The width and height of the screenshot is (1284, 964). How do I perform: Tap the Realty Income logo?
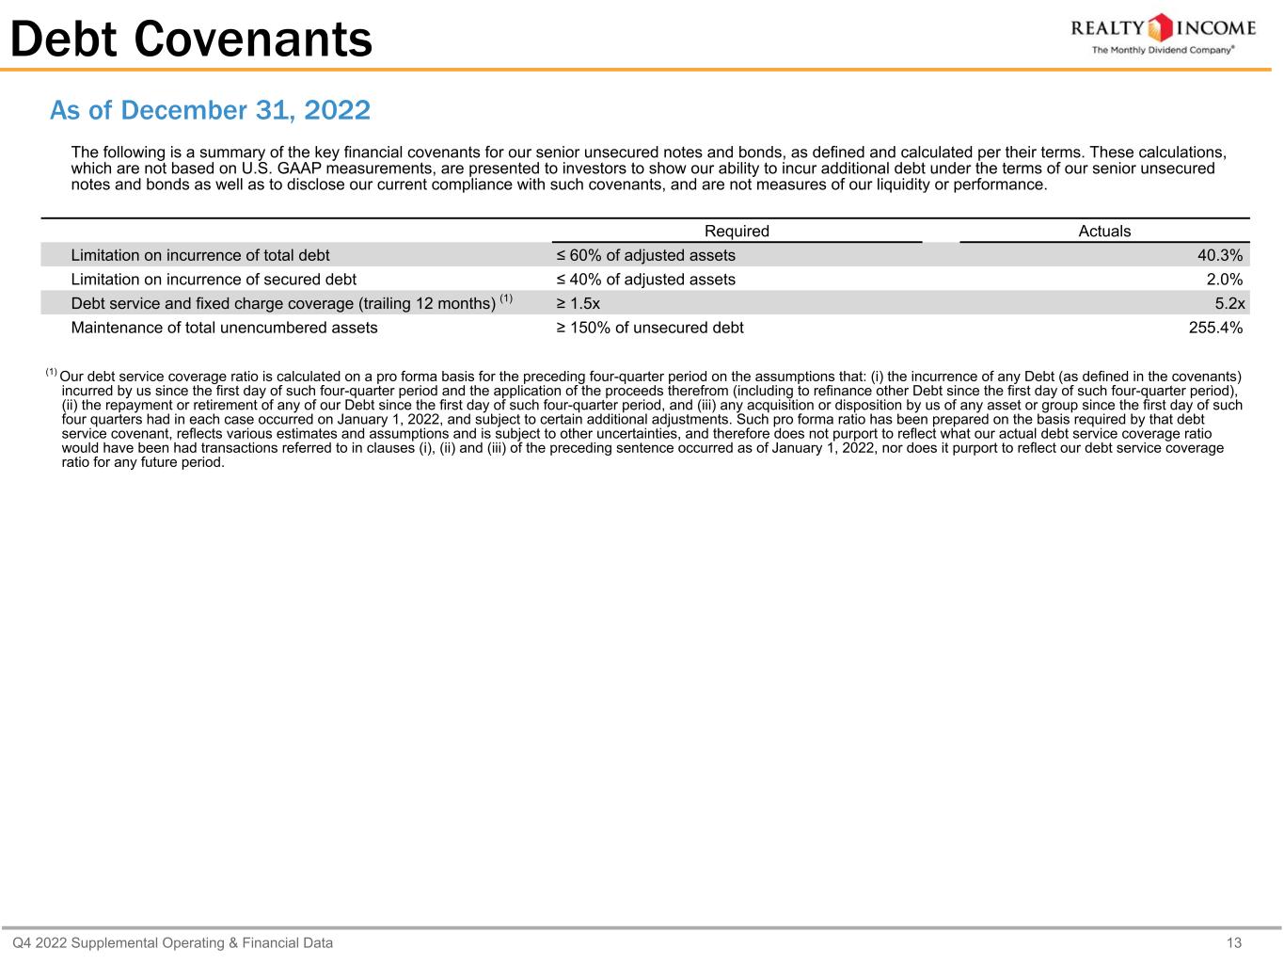coord(1163,28)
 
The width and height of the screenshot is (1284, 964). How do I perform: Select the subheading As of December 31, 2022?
coord(210,111)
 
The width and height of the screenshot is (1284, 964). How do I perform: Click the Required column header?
coord(737,232)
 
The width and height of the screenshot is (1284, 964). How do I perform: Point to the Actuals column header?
coord(1104,232)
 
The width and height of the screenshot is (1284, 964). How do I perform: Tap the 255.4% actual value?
coord(1215,328)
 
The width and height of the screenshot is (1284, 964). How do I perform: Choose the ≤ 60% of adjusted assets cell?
coord(645,255)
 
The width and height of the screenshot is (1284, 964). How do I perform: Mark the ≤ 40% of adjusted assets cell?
coord(645,280)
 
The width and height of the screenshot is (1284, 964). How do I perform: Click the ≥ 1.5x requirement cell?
coord(578,303)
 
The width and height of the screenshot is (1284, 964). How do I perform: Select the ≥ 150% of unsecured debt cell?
coord(649,328)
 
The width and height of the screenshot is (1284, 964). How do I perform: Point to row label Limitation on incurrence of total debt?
coord(200,255)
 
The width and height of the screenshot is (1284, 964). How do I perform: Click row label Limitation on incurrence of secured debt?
coord(214,280)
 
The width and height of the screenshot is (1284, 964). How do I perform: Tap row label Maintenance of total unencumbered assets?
coord(224,328)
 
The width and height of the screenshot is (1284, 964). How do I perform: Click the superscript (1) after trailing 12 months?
coord(506,299)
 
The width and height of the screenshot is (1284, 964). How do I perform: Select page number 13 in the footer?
coord(1234,942)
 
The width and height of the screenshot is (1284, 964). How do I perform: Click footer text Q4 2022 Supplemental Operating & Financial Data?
coord(172,942)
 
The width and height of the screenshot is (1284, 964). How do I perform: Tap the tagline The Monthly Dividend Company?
coord(1162,51)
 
